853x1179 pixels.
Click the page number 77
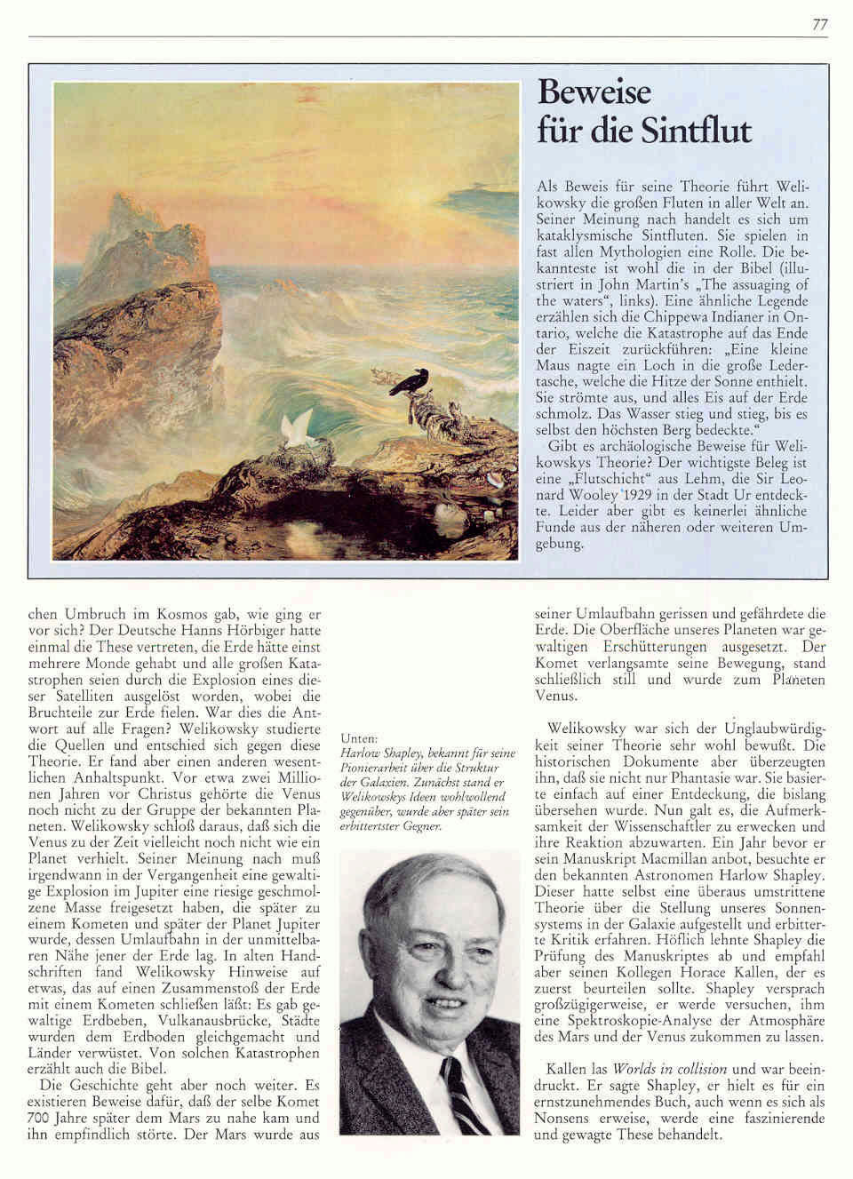[x=819, y=25]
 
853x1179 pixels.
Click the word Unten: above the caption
[x=358, y=738]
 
